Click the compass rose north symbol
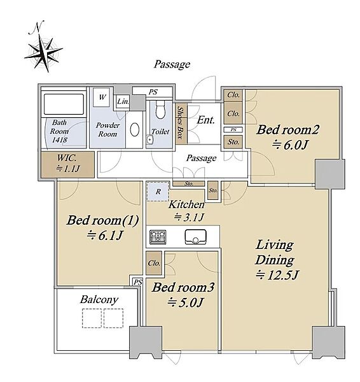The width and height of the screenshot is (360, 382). (x=43, y=48)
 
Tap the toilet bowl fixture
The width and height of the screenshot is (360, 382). (x=160, y=110)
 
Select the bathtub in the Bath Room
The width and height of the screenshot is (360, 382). (x=64, y=104)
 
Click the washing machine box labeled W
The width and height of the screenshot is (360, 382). (x=102, y=97)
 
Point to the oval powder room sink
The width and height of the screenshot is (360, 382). (x=135, y=130)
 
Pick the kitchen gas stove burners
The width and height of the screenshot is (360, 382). (x=158, y=237)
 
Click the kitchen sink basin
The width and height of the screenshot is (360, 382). (x=195, y=237)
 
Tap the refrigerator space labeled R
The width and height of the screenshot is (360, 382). (x=158, y=192)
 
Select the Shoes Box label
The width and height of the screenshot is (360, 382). (x=181, y=122)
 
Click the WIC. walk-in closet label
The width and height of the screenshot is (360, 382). (x=67, y=158)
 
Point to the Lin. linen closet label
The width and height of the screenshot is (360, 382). (x=123, y=101)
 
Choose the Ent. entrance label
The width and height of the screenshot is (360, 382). (x=206, y=120)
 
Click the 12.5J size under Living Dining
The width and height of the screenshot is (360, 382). (x=277, y=275)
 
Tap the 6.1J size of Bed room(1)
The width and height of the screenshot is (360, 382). (x=105, y=236)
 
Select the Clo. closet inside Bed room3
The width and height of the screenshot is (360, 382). (x=154, y=263)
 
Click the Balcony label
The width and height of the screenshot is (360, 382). (x=99, y=300)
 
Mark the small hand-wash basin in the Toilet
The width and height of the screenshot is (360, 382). (x=150, y=140)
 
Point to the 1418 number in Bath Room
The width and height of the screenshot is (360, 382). (x=60, y=140)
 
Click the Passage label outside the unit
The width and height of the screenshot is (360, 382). (x=172, y=64)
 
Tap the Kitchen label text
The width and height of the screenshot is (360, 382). (x=186, y=204)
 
